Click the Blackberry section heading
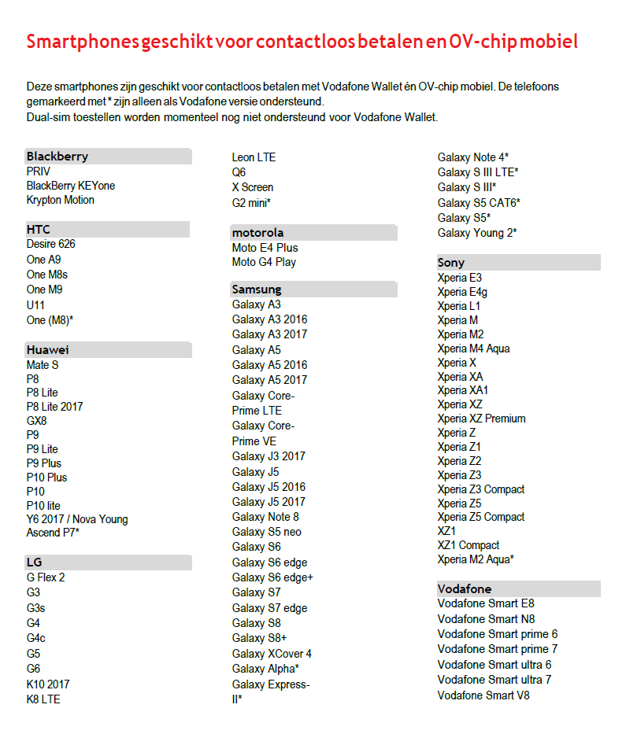click(x=57, y=157)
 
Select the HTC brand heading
click(x=39, y=230)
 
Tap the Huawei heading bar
click(x=48, y=350)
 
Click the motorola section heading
click(x=257, y=233)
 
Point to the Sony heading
click(x=451, y=263)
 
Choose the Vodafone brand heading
click(x=465, y=589)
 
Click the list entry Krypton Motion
click(x=60, y=200)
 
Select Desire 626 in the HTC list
click(x=50, y=244)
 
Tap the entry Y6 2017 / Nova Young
click(x=77, y=519)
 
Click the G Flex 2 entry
click(x=46, y=577)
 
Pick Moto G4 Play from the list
click(x=264, y=262)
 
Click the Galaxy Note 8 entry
click(x=265, y=517)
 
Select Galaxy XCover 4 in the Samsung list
click(x=272, y=654)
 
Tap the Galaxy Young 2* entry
click(x=477, y=233)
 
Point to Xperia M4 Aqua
click(x=473, y=349)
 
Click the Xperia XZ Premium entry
click(x=481, y=419)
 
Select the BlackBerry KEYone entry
click(x=70, y=186)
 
